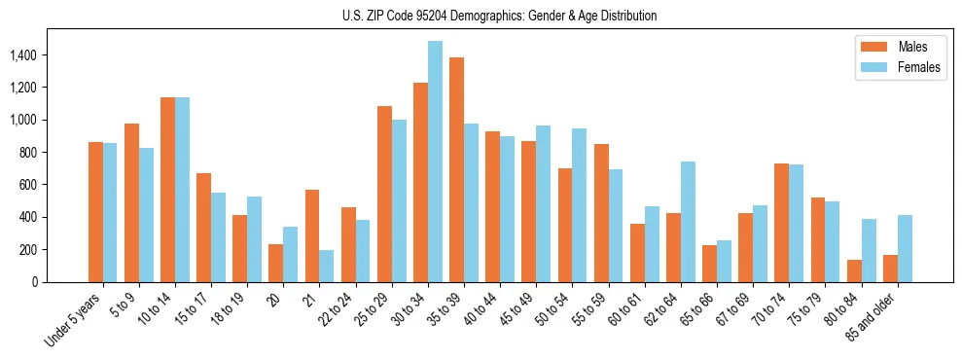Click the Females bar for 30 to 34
[x=435, y=162]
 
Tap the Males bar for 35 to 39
[x=456, y=170]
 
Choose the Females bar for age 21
[x=327, y=266]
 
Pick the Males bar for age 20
[x=276, y=263]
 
